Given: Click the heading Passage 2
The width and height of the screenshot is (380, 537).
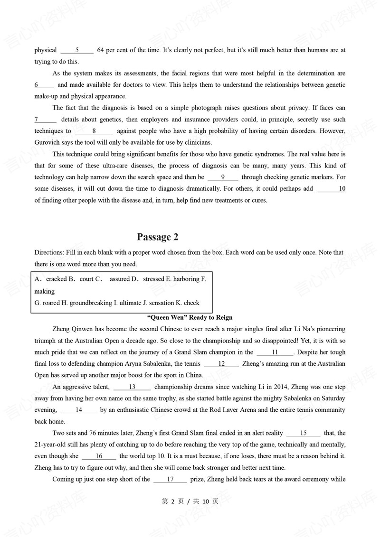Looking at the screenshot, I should tap(157, 237).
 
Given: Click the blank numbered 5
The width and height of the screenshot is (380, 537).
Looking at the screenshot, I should tap(77, 50).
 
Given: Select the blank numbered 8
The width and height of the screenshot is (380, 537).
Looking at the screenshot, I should tap(94, 131).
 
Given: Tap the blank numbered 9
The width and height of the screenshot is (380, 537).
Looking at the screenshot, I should tap(223, 177).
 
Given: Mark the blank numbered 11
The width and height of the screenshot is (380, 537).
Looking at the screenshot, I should tap(275, 352).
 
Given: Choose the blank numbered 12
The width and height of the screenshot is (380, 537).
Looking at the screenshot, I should tap(221, 364).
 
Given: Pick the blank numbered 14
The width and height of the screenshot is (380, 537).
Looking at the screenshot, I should tap(79, 410).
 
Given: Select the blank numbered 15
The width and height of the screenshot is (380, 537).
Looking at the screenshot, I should tap(304, 433).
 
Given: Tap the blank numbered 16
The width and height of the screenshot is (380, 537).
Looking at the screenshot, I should tap(99, 456).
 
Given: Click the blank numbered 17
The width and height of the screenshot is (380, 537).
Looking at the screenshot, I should tap(170, 479).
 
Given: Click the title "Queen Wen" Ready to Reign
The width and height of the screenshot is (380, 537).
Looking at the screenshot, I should tap(190, 317).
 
